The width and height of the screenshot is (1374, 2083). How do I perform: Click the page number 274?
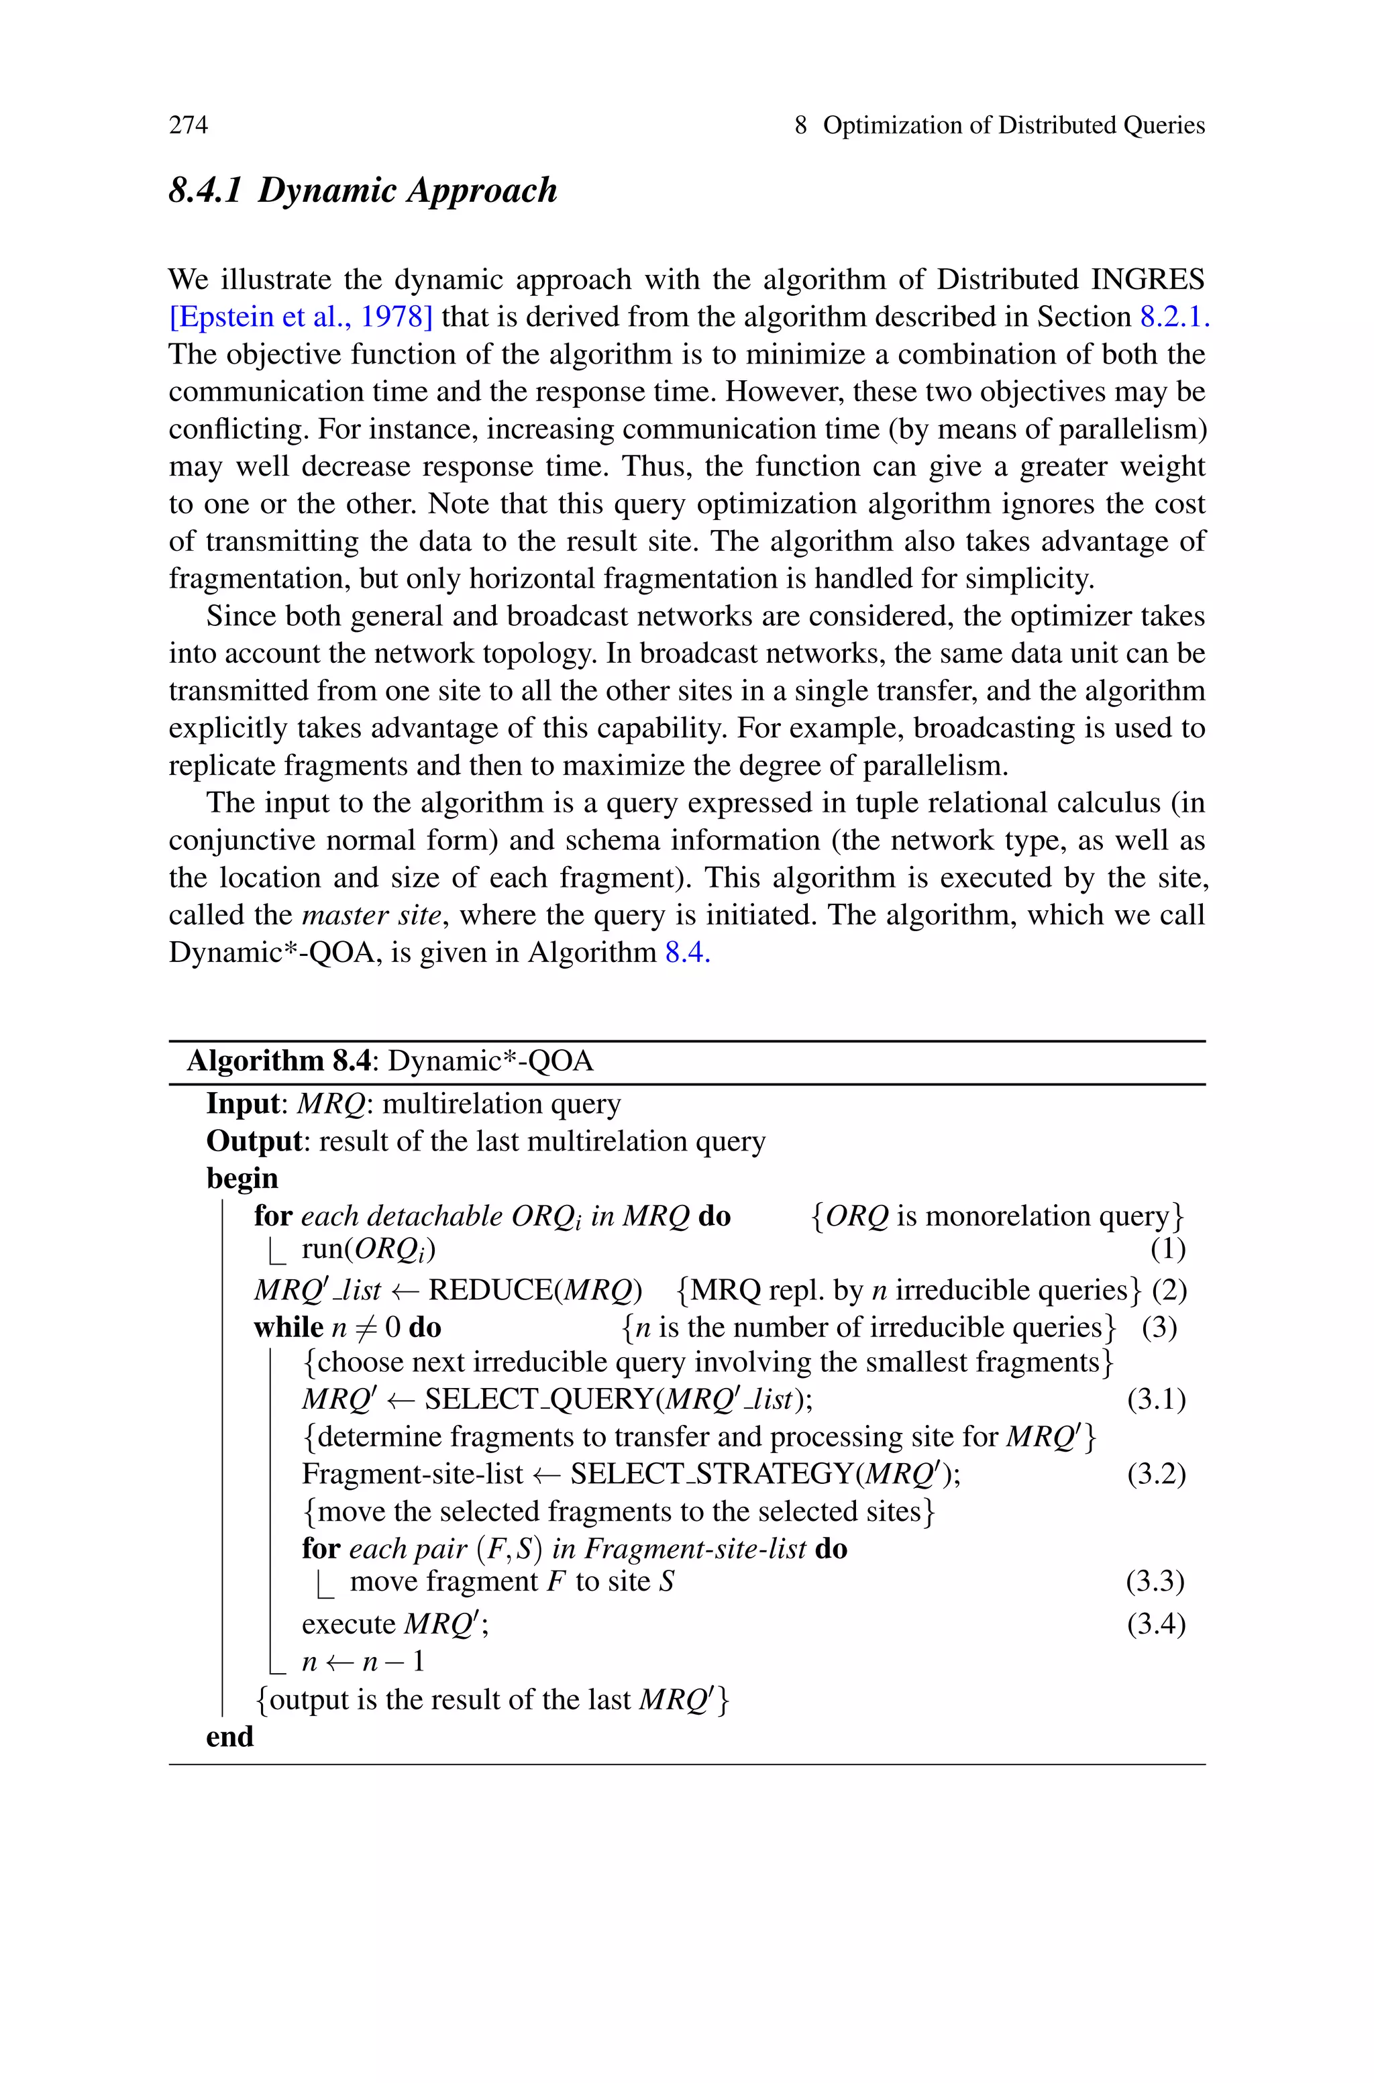click(x=189, y=125)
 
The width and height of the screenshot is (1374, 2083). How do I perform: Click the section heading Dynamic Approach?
click(x=363, y=190)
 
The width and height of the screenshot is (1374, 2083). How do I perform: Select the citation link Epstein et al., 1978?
click(x=301, y=317)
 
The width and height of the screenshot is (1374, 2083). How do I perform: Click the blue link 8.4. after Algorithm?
click(x=687, y=952)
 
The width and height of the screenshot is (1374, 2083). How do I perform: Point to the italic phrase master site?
click(x=370, y=915)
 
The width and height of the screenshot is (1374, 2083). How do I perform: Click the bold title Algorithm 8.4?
click(x=278, y=1062)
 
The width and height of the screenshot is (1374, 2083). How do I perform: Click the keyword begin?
click(x=242, y=1179)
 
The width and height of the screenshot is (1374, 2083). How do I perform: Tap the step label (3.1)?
click(x=1156, y=1399)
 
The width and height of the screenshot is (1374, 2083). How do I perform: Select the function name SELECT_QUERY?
click(x=539, y=1399)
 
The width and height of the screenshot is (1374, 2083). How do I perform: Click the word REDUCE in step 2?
click(x=490, y=1290)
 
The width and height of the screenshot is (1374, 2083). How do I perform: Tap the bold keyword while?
click(x=288, y=1327)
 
